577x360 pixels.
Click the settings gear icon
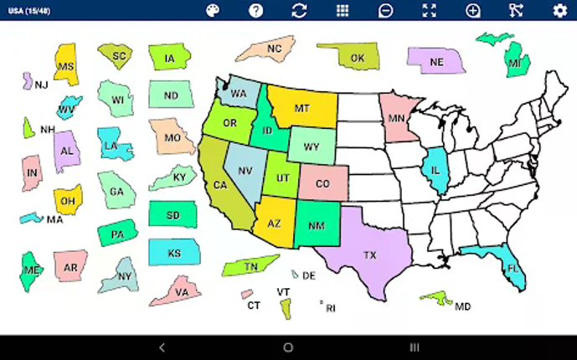coord(559,10)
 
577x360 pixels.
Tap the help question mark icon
coord(255,10)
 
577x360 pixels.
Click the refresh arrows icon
coord(299,10)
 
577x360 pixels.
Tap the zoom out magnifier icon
coord(386,10)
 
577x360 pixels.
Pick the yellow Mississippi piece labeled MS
coord(66,65)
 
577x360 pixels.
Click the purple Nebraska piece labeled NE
coord(436,61)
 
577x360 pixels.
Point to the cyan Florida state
coord(509,267)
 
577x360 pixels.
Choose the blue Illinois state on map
coord(435,169)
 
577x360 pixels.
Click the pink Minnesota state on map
coord(396,119)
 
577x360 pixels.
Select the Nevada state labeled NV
coord(245,171)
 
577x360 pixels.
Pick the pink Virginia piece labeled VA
coord(180,291)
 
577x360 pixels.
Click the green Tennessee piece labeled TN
coord(250,266)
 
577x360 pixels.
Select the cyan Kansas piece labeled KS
coord(174,252)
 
